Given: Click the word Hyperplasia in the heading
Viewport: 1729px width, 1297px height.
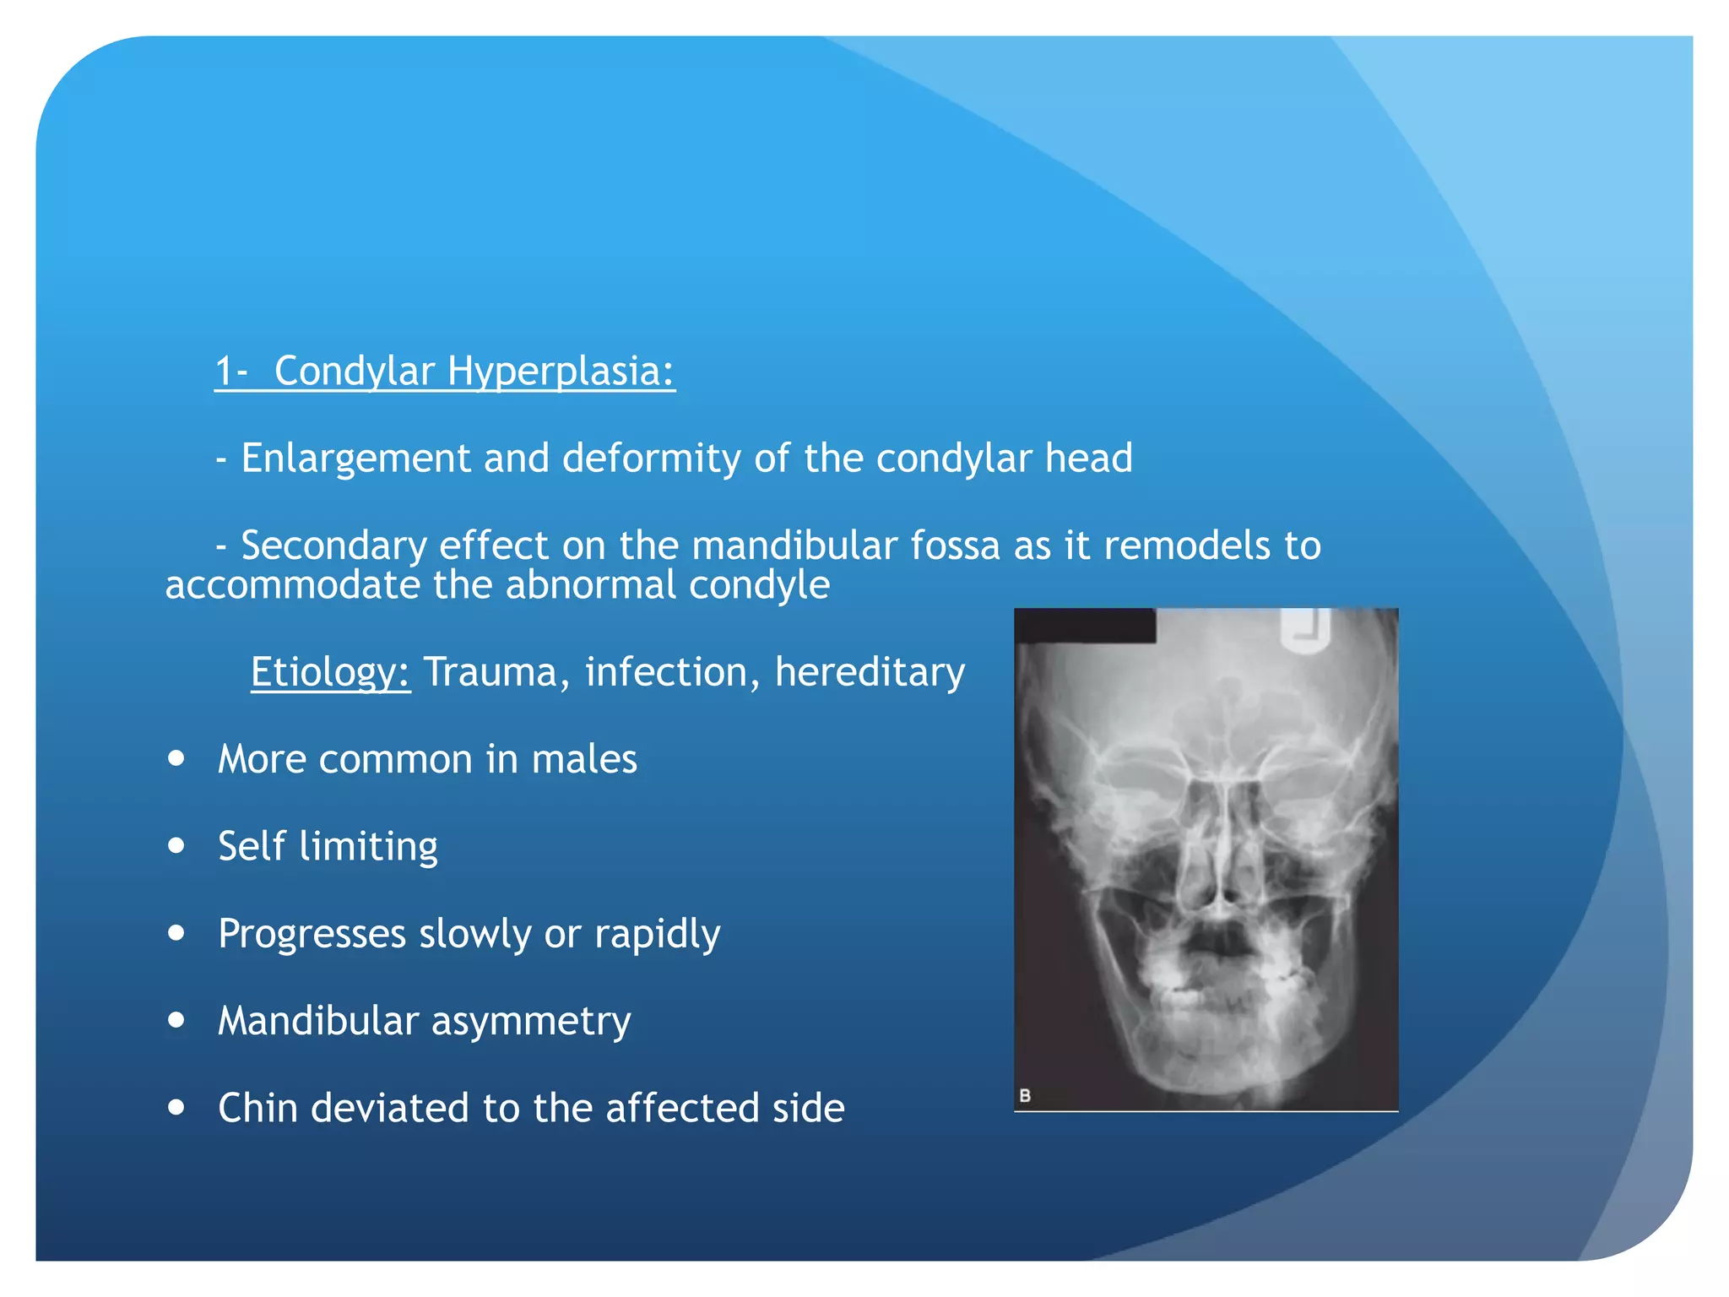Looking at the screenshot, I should (561, 372).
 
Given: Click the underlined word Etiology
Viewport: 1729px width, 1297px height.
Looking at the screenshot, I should (330, 673).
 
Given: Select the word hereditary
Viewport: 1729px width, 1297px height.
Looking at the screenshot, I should (870, 673).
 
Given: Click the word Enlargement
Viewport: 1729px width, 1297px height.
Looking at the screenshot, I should (355, 459).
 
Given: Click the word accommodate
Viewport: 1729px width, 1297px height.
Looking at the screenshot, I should (291, 585).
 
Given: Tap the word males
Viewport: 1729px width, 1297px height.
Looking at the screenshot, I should (584, 759).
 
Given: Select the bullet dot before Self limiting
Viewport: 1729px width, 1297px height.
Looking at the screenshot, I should (176, 845).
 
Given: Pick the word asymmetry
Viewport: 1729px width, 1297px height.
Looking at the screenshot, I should (531, 1021).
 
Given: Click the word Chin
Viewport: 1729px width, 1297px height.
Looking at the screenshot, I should (257, 1108).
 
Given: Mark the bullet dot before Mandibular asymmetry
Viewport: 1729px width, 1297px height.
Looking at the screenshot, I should (176, 1020).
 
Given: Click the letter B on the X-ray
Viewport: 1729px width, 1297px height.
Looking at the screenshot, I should (1025, 1095).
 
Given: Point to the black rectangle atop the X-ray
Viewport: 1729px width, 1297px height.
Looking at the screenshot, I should (1085, 626).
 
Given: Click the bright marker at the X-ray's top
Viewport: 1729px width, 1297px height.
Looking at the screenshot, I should (1305, 631).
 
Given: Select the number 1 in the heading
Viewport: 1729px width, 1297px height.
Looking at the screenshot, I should (224, 372).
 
